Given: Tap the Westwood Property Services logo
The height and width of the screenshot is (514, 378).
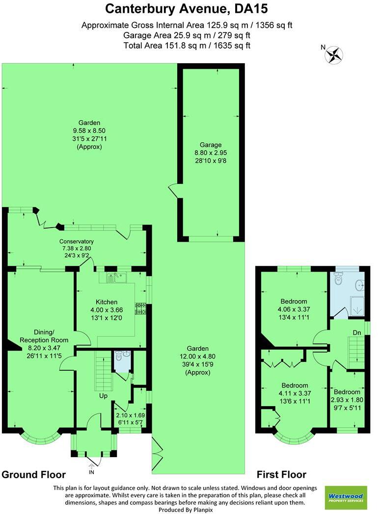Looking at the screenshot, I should point(347,497).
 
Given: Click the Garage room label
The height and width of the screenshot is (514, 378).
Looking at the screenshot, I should point(211,145).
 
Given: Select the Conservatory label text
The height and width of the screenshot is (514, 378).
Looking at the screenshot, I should point(77,241).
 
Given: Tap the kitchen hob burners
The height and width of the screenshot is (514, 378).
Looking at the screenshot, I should point(141,308).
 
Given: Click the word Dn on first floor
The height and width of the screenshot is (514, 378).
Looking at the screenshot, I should point(357,333).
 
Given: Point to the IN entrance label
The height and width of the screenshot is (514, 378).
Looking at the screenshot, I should point(91,472).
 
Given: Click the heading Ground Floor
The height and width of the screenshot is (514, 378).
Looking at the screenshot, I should point(34,474).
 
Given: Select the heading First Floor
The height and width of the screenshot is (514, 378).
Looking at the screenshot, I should point(282,474).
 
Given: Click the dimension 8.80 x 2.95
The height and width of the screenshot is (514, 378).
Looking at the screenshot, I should point(211,153).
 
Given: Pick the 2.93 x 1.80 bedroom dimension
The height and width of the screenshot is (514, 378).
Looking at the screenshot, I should point(347,400).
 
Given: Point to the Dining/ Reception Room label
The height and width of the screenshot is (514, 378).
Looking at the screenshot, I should point(44,336).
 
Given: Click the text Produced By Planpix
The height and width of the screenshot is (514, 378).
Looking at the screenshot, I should point(189,510).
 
